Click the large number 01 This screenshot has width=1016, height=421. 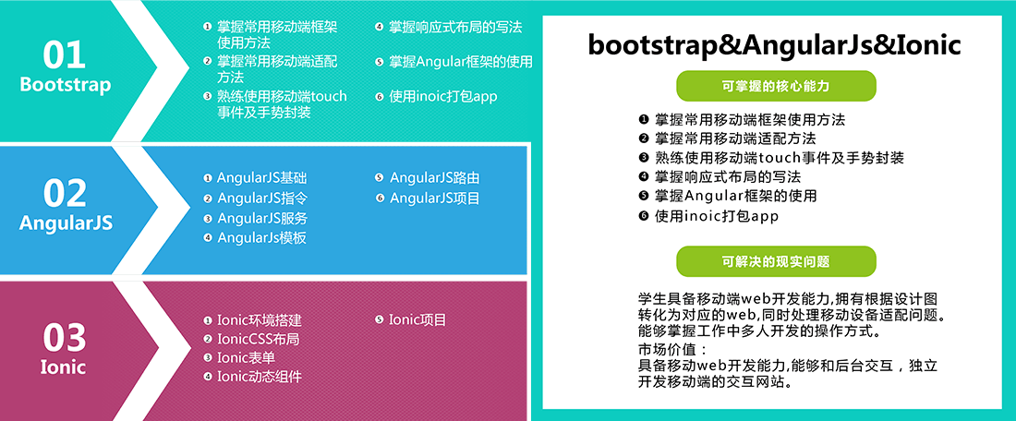pyautogui.click(x=65, y=55)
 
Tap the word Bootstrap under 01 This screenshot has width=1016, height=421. pyautogui.click(x=66, y=86)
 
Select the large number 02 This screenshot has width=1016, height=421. pyautogui.click(x=65, y=193)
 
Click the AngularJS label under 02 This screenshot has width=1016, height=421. pyautogui.click(x=67, y=223)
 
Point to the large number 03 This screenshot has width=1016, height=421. pyautogui.click(x=65, y=338)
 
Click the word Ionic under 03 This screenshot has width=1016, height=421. pyautogui.click(x=64, y=367)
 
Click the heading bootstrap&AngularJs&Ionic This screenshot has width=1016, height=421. pyautogui.click(x=774, y=46)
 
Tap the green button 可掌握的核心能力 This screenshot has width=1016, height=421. pyautogui.click(x=776, y=86)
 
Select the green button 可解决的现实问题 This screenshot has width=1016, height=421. pyautogui.click(x=776, y=261)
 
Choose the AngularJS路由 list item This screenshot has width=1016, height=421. pyautogui.click(x=434, y=178)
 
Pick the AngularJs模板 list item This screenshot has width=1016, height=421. pyautogui.click(x=261, y=237)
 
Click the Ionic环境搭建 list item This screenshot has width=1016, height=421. pyautogui.click(x=260, y=320)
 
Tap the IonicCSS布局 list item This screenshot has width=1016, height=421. pyautogui.click(x=259, y=339)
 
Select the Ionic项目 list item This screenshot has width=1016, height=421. pyautogui.click(x=417, y=320)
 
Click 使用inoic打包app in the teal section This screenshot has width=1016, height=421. pyautogui.click(x=443, y=97)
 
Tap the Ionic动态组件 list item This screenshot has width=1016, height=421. pyautogui.click(x=260, y=377)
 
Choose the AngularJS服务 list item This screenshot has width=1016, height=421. pyautogui.click(x=262, y=218)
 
